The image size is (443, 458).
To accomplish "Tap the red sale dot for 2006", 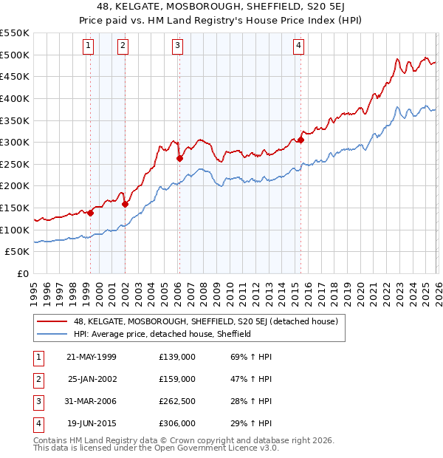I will [x=179, y=158].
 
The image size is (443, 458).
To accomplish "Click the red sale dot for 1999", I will [x=90, y=213].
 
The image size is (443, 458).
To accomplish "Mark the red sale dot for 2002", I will [x=126, y=204].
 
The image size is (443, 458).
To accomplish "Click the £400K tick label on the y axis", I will [x=15, y=98].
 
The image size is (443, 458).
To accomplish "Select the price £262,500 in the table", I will [x=177, y=401].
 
